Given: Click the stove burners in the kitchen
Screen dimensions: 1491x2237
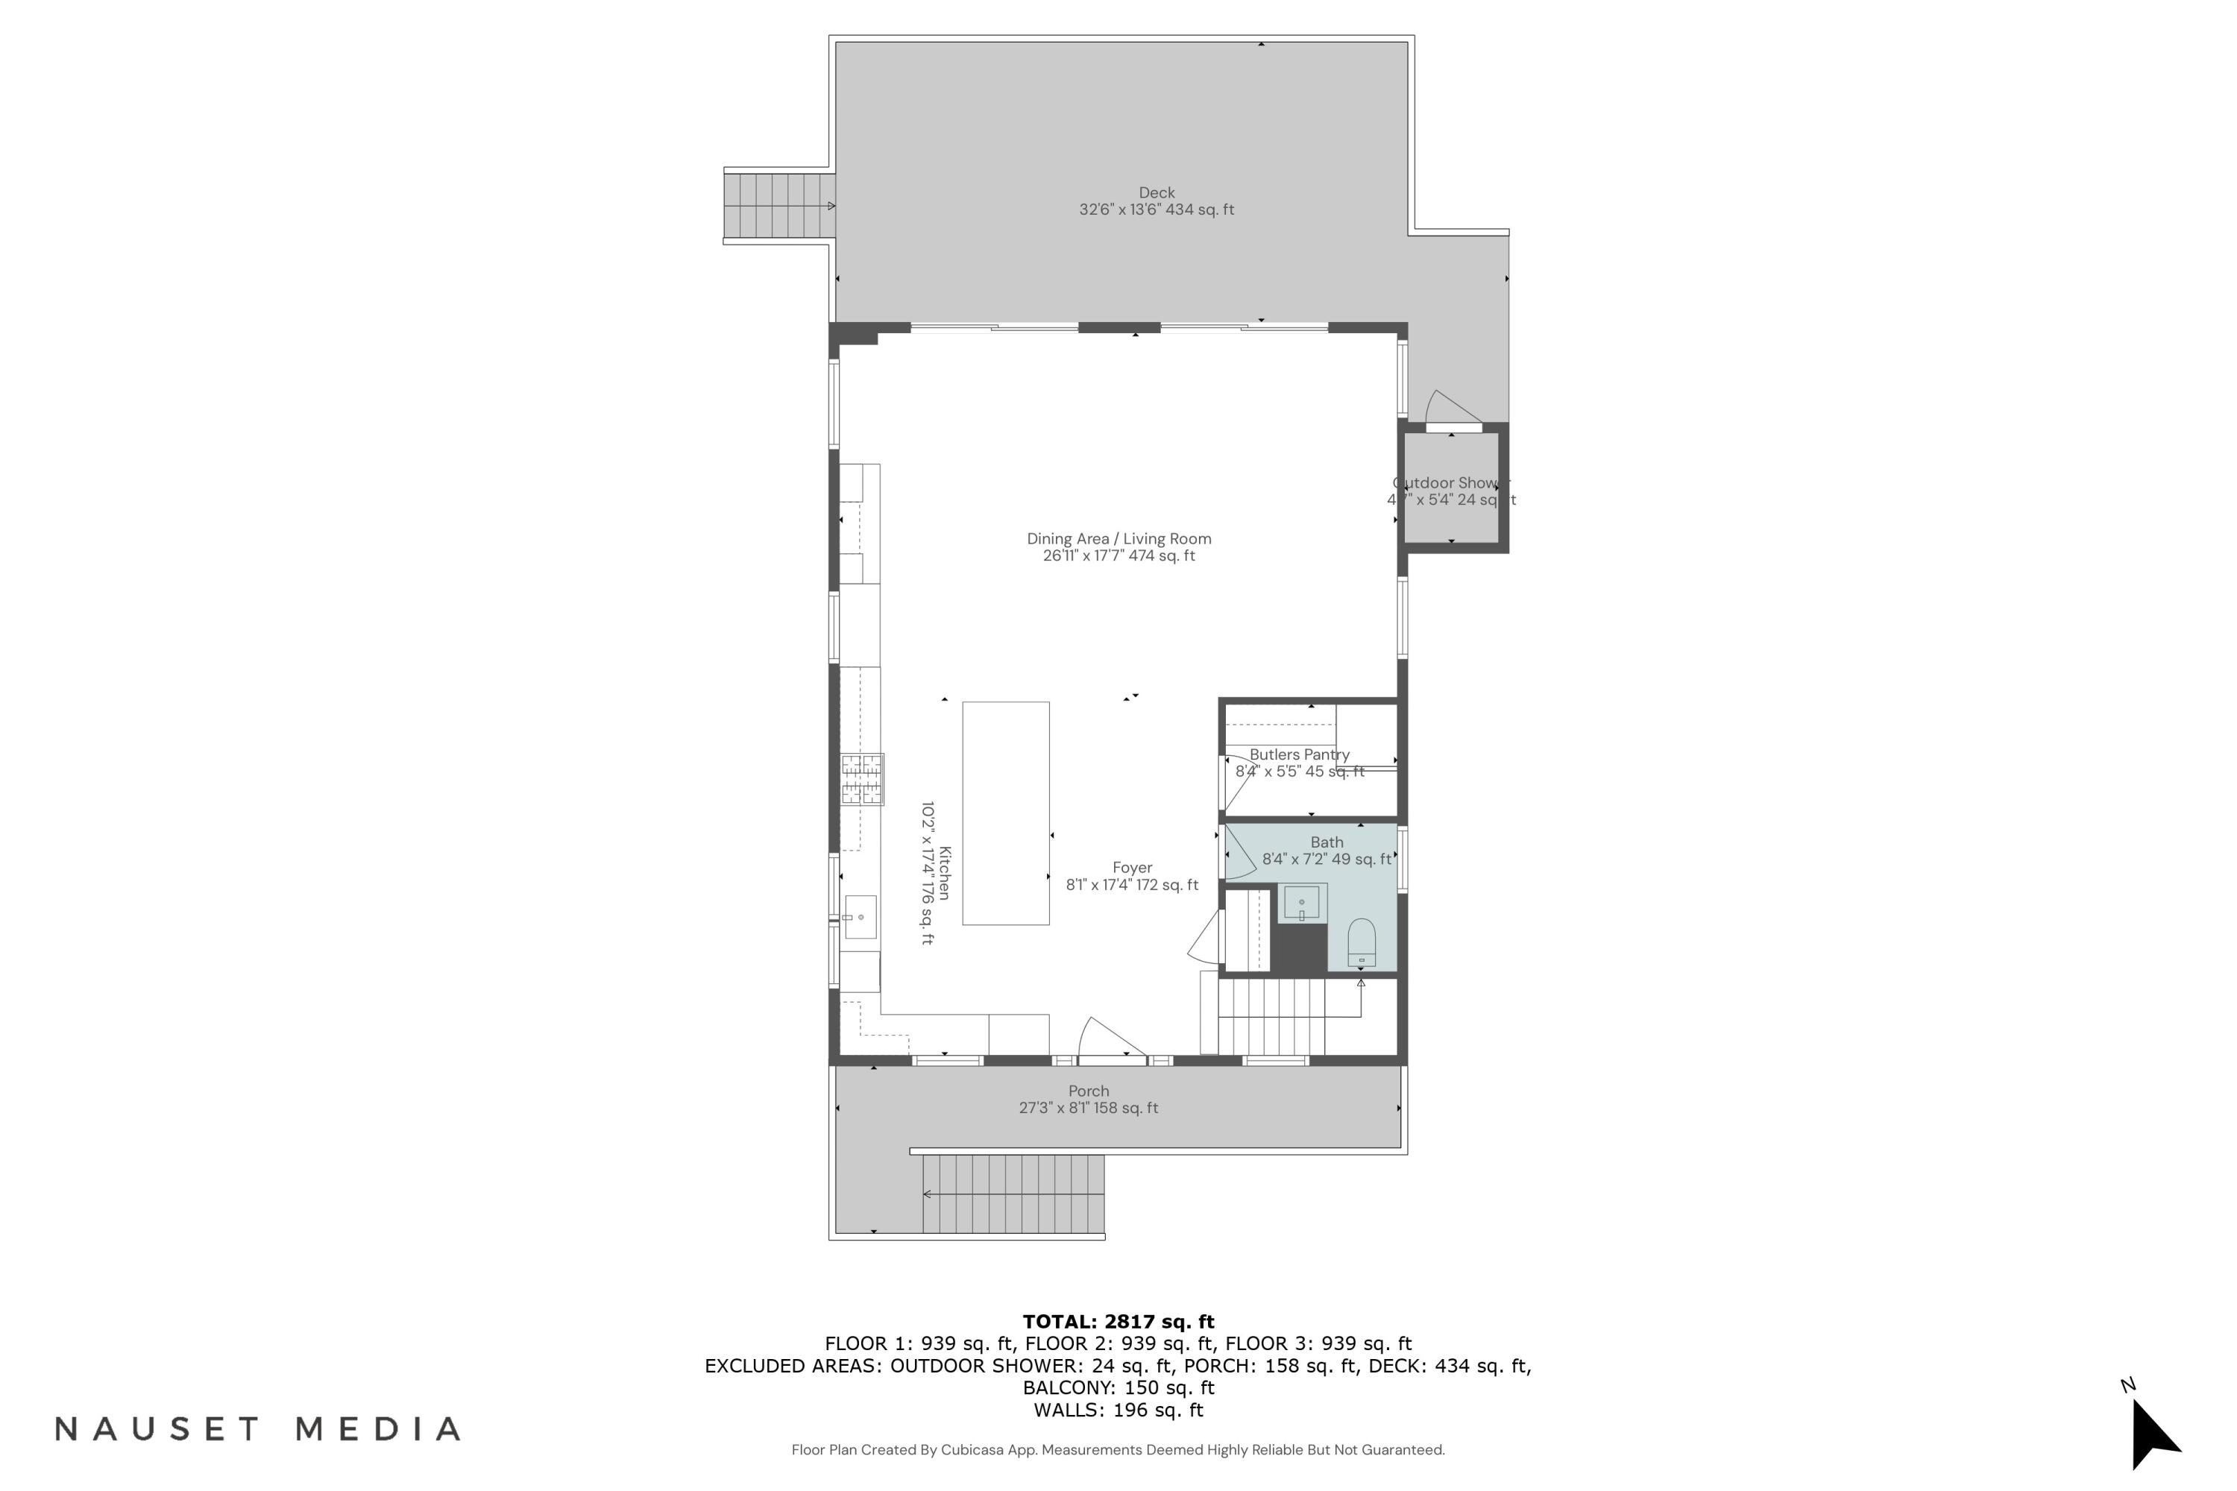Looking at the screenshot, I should click(x=862, y=779).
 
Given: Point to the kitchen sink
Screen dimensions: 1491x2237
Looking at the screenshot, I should click(x=860, y=917).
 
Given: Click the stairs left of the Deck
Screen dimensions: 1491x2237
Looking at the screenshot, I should click(x=779, y=206).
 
